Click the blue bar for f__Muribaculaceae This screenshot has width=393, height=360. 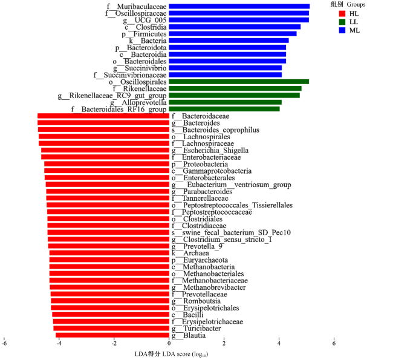coord(239,6)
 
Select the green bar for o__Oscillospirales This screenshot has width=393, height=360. coord(239,82)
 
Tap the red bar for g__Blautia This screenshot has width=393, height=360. coord(112,335)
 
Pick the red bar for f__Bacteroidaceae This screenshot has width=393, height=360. coord(103,116)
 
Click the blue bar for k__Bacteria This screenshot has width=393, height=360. coord(229,41)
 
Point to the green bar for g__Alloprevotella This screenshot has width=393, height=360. coord(226,102)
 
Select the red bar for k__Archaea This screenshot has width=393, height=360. coord(109,253)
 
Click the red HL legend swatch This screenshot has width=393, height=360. coord(342,13)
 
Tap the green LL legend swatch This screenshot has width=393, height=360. coord(342,22)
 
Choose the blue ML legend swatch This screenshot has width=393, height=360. coord(342,30)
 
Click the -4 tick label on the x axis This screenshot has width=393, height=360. coord(59,343)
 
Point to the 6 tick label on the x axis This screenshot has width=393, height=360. coord(334,343)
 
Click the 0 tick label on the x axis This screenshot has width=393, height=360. coord(169,343)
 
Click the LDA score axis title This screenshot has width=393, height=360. coord(172,354)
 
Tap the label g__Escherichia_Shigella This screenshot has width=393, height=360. coord(210,150)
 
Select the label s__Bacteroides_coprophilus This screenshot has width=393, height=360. coord(216,129)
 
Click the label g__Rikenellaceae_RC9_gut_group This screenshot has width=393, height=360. coord(112,96)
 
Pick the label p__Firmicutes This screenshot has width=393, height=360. coord(144,34)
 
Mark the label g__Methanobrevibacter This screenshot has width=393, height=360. coord(209,287)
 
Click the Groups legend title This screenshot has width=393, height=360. coord(348,4)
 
